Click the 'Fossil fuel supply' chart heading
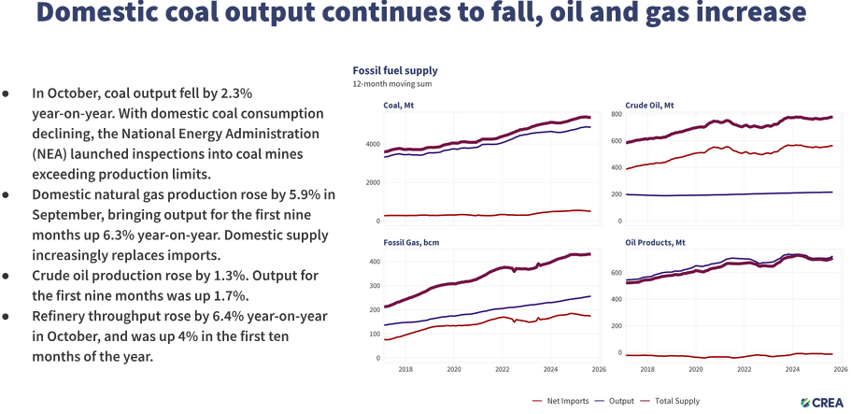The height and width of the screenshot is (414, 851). (394, 70)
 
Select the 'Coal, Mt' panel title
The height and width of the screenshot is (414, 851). (401, 105)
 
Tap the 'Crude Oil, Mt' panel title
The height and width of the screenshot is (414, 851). (649, 105)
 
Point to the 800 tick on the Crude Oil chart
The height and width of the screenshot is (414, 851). (617, 113)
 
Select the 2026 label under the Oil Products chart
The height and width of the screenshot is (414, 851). (841, 369)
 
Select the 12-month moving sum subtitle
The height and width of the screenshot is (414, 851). (391, 84)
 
